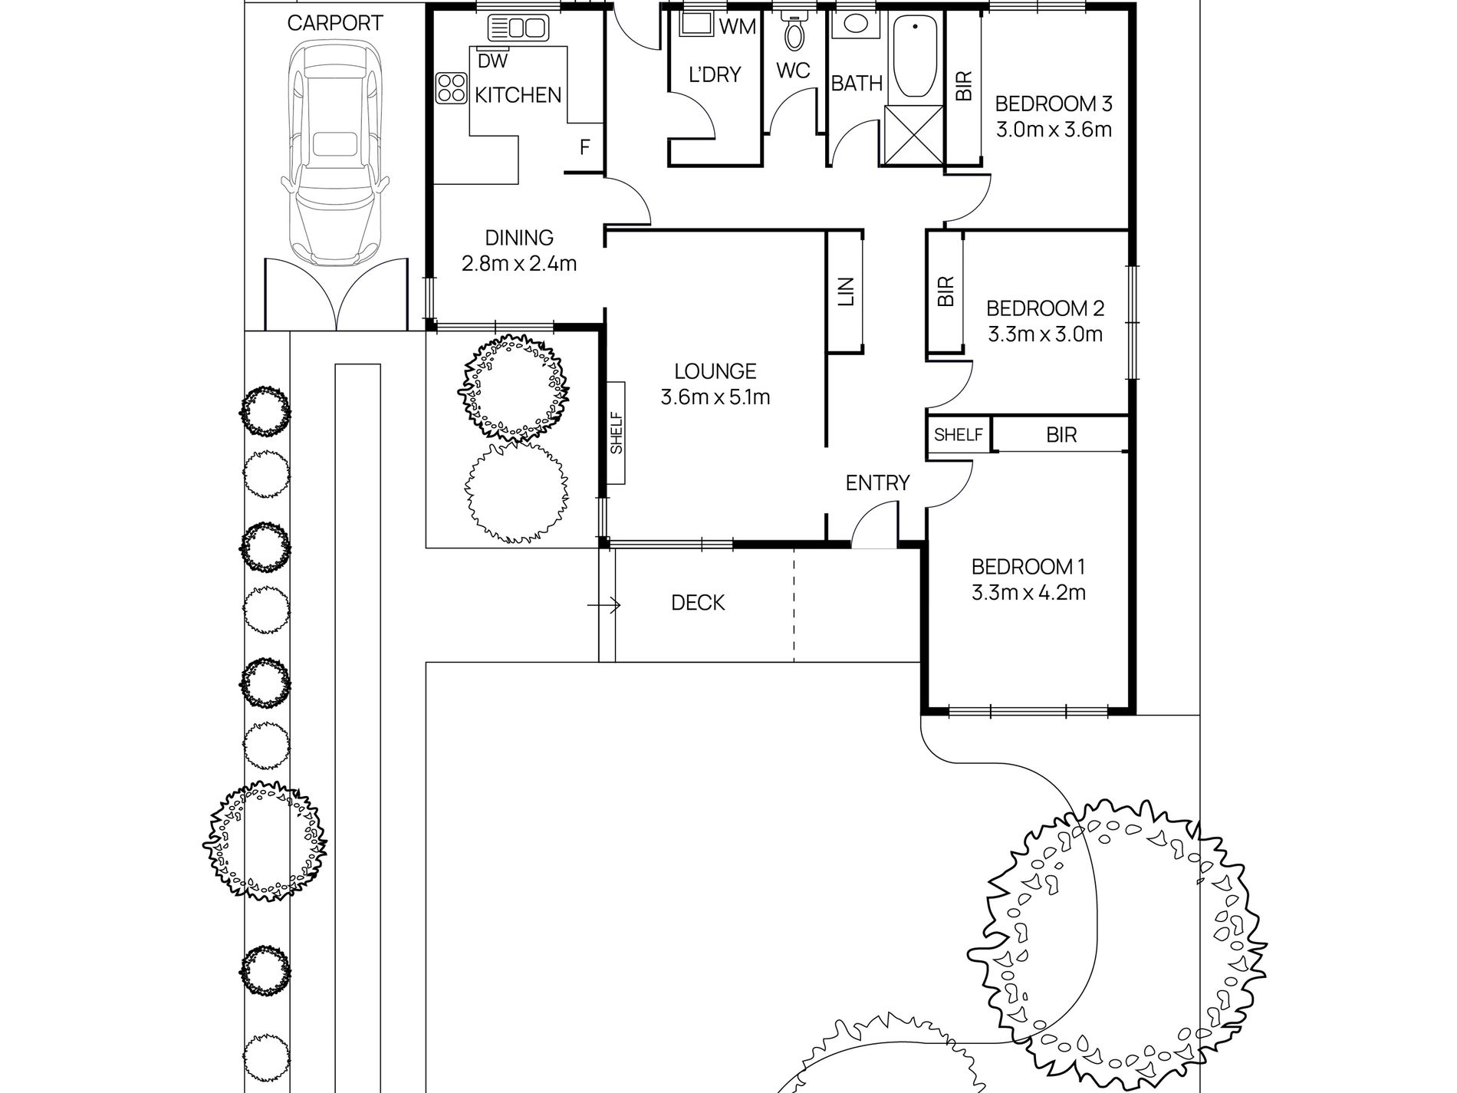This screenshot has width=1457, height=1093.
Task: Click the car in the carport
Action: [334, 153]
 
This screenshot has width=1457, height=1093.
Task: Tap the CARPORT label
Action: [335, 23]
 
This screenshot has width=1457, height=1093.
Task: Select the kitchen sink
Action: [518, 29]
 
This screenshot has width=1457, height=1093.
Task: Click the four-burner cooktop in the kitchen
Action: [451, 88]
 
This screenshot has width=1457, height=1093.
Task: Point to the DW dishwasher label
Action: [492, 60]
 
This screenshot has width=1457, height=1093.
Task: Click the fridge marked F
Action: [584, 147]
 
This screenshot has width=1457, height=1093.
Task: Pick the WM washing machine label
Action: [738, 27]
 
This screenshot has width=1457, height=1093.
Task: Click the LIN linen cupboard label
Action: [846, 291]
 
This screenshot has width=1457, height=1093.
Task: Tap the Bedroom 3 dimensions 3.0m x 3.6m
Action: [1054, 129]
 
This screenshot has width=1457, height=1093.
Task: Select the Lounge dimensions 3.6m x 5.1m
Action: [715, 397]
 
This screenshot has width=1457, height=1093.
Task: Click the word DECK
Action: [698, 603]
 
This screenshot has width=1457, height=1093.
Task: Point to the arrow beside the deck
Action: [604, 606]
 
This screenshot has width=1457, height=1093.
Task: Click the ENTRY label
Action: [877, 482]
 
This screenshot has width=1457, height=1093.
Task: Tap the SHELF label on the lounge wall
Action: [617, 433]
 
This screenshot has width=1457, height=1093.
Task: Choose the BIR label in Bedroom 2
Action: [946, 291]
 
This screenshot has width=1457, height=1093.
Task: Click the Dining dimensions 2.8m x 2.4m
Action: [519, 264]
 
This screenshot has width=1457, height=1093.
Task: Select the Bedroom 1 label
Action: [1028, 567]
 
